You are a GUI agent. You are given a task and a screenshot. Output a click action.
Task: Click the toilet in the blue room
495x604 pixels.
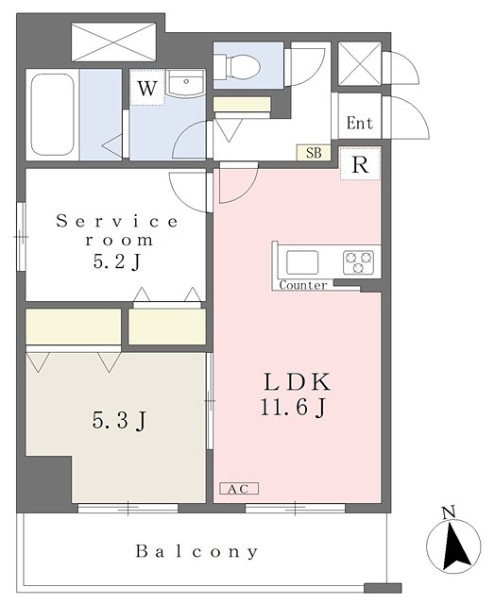pyautogui.click(x=237, y=65)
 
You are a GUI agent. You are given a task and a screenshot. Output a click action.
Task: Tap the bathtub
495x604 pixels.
pyautogui.click(x=52, y=114)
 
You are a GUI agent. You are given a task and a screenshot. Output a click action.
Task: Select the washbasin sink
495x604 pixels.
pyautogui.click(x=187, y=85)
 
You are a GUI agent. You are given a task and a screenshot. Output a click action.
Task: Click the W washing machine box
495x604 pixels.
pyautogui.click(x=147, y=88)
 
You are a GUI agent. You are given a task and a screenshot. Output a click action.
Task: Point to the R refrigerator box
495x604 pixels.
pyautogui.click(x=361, y=163)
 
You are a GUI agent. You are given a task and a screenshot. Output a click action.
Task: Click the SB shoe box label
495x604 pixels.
pyautogui.click(x=314, y=153)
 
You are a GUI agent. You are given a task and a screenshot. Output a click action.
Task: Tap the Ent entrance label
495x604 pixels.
pyautogui.click(x=360, y=124)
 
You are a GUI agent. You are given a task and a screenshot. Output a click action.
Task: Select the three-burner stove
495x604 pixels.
pyautogui.click(x=359, y=262)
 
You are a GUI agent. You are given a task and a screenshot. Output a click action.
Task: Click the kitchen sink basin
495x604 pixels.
pyautogui.click(x=302, y=262)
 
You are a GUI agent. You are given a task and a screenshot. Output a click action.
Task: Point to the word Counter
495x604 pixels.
pyautogui.click(x=303, y=285)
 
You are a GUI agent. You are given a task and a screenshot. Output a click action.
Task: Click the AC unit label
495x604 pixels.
pyautogui.click(x=239, y=489)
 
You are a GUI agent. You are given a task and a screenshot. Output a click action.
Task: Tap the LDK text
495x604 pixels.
pyautogui.click(x=297, y=382)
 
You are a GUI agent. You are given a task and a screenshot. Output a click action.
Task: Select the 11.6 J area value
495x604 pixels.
pyautogui.click(x=294, y=408)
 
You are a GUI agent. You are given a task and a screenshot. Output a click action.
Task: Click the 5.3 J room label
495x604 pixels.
pyautogui.click(x=119, y=420)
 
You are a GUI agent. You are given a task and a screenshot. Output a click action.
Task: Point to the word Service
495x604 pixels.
pyautogui.click(x=117, y=221)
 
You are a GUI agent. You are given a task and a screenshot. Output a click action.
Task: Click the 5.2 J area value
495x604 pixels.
pyautogui.click(x=116, y=262)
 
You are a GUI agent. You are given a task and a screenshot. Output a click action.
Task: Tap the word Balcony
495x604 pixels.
pyautogui.click(x=197, y=551)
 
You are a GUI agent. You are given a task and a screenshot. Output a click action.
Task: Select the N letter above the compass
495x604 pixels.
pyautogui.click(x=449, y=512)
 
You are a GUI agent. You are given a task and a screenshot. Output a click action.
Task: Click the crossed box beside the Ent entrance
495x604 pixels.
pyautogui.click(x=360, y=63)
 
